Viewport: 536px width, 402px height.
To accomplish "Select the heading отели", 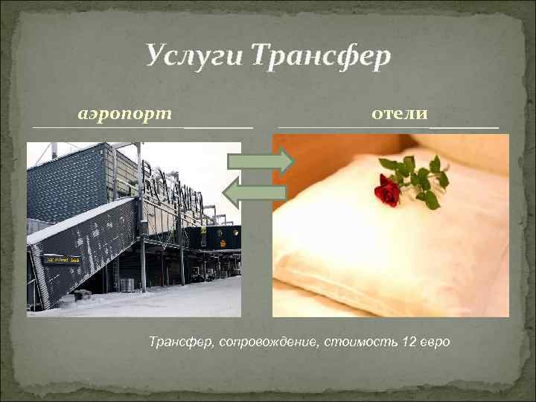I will [399, 113].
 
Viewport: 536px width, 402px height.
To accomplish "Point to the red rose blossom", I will [387, 192].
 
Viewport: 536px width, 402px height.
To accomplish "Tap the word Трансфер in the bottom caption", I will [179, 342].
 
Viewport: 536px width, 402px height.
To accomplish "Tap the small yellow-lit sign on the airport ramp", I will [61, 259].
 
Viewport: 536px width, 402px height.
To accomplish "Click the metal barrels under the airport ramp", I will [127, 284].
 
